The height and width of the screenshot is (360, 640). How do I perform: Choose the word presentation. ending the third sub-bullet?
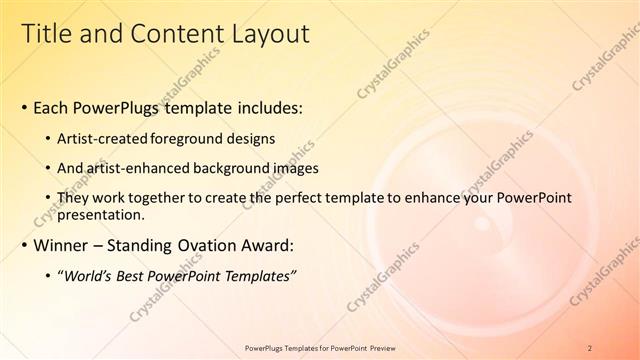click(102, 215)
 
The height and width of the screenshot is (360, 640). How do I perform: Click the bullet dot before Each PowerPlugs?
click(24, 107)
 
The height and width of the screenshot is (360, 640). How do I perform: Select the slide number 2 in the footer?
click(590, 347)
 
